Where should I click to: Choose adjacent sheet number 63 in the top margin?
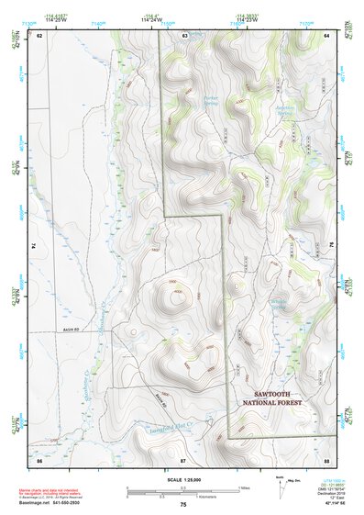tap(184, 35)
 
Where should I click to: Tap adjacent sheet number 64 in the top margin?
tap(326, 35)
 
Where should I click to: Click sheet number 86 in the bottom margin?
tap(39, 458)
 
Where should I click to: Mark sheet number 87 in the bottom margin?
tap(183, 458)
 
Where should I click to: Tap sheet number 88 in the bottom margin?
tap(326, 458)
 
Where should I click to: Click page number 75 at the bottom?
tap(183, 505)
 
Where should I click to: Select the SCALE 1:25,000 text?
tap(182, 480)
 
